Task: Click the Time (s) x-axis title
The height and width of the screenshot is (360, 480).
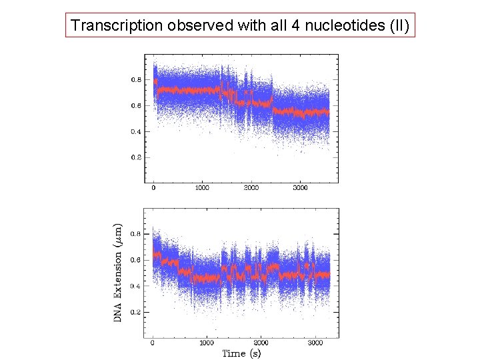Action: pos(241,353)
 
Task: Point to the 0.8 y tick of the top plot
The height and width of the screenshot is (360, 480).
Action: pos(135,79)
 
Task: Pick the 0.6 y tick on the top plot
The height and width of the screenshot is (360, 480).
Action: pos(135,105)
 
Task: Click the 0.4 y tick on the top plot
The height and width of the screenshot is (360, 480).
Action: pos(135,131)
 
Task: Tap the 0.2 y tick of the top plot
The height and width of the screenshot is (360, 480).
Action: pos(135,157)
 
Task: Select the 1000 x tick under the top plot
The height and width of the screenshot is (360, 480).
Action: pos(202,188)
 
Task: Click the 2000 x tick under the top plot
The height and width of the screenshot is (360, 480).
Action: pos(251,188)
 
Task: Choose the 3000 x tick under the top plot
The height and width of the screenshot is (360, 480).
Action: pos(301,188)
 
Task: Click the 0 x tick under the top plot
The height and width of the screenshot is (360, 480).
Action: pos(153,188)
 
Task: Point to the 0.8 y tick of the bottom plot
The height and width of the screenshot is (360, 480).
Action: pos(135,234)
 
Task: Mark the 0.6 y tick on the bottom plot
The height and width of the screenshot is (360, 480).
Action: pos(135,260)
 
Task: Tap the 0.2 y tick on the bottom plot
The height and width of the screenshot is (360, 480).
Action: pos(135,312)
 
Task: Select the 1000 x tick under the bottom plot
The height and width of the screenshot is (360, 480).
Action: pos(207,343)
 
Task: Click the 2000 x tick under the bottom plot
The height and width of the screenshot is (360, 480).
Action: pos(261,343)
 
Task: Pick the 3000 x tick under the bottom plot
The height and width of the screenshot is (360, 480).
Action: pos(315,343)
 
